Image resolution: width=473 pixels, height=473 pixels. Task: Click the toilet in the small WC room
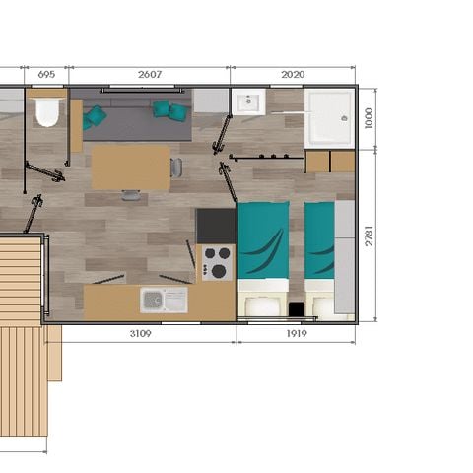click(x=46, y=112)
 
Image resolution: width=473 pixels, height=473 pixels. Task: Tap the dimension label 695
click(x=46, y=75)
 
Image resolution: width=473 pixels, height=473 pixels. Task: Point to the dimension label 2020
click(x=292, y=75)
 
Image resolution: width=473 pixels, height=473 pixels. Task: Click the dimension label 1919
click(x=296, y=334)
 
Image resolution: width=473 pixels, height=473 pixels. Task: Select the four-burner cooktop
click(x=216, y=262)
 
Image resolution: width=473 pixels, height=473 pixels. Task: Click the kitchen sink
click(x=163, y=300)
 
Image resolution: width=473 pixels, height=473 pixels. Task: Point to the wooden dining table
click(x=130, y=167)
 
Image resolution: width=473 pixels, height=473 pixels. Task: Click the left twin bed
click(x=263, y=256)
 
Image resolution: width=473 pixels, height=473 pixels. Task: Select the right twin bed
click(x=319, y=256)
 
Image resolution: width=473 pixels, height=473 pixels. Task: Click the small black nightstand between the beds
click(x=296, y=309)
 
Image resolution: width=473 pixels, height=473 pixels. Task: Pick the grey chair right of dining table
click(x=176, y=167)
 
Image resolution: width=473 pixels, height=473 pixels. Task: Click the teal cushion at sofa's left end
click(x=96, y=116)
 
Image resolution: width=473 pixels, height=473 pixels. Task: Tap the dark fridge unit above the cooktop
click(x=215, y=226)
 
